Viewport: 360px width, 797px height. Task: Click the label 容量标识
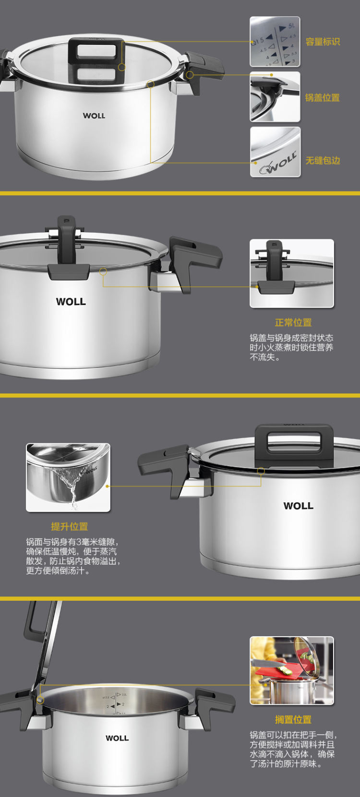tap(323, 42)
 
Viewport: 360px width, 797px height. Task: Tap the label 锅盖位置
tap(322, 97)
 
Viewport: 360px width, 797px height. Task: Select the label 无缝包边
tap(323, 160)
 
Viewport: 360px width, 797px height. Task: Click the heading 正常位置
tap(293, 323)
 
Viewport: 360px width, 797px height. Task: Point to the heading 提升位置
tap(69, 526)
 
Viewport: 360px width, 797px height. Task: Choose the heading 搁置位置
tap(293, 719)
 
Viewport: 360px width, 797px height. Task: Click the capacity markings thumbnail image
tap(275, 42)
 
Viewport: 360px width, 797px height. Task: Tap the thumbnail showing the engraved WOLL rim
tap(275, 152)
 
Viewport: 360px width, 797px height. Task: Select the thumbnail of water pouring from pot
tap(68, 477)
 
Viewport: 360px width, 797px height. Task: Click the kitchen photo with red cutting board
tap(292, 671)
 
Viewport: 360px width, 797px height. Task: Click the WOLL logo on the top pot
tap(94, 116)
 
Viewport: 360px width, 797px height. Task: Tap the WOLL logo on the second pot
tap(71, 302)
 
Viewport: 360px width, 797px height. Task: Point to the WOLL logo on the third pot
tap(299, 506)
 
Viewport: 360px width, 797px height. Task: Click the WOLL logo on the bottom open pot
tap(117, 738)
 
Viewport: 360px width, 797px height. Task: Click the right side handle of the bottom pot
tap(214, 706)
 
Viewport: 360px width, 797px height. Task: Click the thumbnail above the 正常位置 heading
tap(292, 273)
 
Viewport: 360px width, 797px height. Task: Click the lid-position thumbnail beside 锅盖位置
tap(275, 97)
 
